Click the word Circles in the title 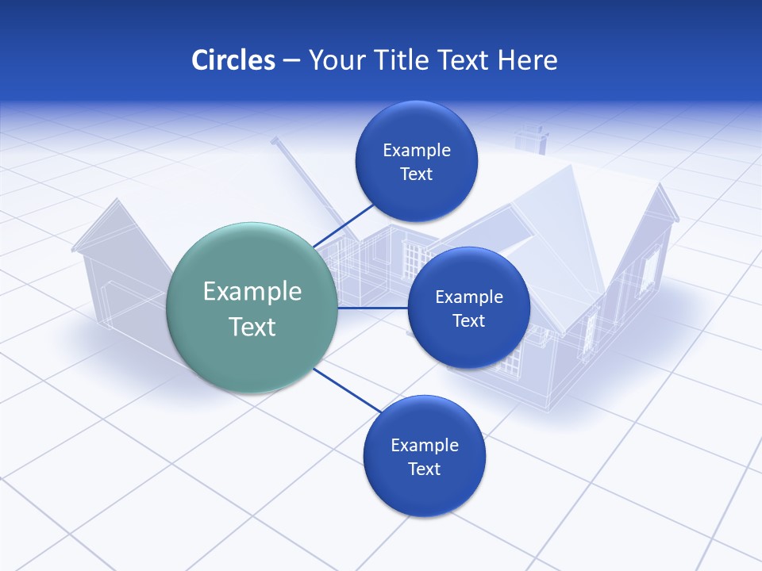coord(233,60)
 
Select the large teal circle coord(252,308)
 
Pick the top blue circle coord(416,161)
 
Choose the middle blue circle coord(468,308)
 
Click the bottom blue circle coord(424,457)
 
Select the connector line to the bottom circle coord(348,390)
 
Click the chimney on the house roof coord(531,140)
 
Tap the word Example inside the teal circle coord(252,291)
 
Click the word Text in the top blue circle coord(416,174)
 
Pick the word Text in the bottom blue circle coord(424,469)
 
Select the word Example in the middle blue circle coord(468,297)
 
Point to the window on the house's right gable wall coord(650,269)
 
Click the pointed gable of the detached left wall coord(116,212)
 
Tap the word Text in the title coord(464,60)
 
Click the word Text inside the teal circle coord(252,327)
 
